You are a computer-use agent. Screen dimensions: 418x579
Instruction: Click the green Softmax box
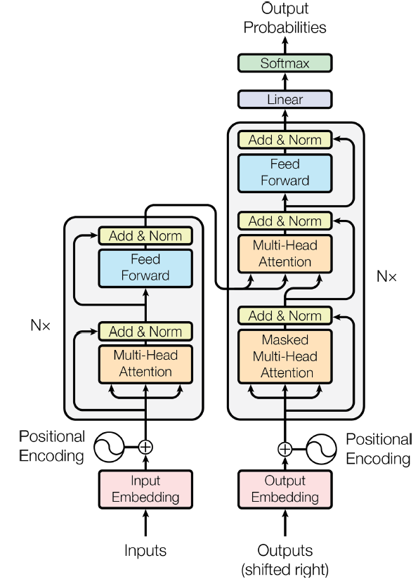(x=285, y=63)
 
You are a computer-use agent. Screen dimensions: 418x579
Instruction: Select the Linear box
(x=285, y=99)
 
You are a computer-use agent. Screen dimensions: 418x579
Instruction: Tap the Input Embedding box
(x=145, y=489)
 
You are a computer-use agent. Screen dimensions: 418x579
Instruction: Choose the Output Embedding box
(x=285, y=489)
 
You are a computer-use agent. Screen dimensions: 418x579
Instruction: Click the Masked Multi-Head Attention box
(x=285, y=356)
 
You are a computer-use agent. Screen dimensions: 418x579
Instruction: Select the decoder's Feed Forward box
(x=285, y=173)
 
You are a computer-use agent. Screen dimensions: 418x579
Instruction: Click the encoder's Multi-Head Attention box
(x=145, y=364)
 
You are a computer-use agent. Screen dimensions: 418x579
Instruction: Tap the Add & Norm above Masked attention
(x=285, y=315)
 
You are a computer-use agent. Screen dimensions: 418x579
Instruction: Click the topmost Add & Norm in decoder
(x=285, y=140)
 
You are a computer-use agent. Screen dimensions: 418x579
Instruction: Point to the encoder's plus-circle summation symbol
(x=145, y=447)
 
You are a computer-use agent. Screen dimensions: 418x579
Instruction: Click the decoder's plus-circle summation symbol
(x=285, y=449)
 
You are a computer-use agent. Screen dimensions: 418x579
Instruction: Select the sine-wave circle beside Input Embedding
(x=109, y=447)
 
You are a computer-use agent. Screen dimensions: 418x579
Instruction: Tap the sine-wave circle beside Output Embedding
(x=321, y=449)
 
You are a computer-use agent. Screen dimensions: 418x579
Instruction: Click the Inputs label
(x=145, y=550)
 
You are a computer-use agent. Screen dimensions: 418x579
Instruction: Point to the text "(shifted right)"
(x=285, y=569)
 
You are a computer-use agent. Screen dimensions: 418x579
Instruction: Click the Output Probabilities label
(x=285, y=18)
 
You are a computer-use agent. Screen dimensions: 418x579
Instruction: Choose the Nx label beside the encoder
(x=40, y=325)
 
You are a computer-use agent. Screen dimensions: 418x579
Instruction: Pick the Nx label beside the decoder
(x=386, y=276)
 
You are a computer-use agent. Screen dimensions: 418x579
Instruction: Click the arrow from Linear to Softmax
(x=285, y=82)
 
